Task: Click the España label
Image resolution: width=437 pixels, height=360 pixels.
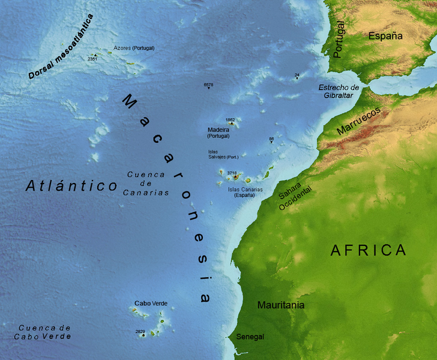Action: click(x=385, y=36)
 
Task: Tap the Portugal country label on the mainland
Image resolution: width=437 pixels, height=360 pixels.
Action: click(x=339, y=40)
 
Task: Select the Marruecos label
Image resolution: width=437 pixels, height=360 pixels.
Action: click(x=359, y=121)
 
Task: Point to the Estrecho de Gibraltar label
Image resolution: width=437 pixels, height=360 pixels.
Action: click(x=339, y=91)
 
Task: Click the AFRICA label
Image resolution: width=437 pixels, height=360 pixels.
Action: click(x=369, y=250)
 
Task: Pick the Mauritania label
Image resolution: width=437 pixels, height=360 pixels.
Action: click(x=280, y=305)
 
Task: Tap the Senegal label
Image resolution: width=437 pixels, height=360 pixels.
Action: click(x=250, y=337)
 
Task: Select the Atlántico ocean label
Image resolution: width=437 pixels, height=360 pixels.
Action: click(x=71, y=186)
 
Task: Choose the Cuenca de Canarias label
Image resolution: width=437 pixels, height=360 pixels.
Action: click(x=146, y=183)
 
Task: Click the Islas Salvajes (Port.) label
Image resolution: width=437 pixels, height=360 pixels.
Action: click(x=223, y=154)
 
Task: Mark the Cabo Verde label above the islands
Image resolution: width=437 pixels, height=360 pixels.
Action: click(x=151, y=303)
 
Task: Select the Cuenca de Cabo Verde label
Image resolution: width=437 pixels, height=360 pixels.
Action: click(x=44, y=332)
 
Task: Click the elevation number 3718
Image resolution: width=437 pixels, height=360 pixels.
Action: click(x=232, y=173)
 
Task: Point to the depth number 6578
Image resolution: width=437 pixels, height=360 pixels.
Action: click(x=208, y=85)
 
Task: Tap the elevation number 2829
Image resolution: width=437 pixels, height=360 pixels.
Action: click(x=140, y=331)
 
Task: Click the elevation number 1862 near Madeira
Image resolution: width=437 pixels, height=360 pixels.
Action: click(x=230, y=120)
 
